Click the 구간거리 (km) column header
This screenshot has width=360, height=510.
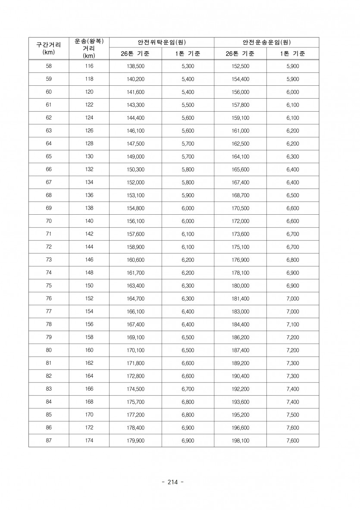coord(48,48)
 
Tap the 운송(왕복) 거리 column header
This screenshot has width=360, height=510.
coord(89,48)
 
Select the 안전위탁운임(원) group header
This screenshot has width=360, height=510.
coord(161,42)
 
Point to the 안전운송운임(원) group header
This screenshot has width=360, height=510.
coord(266,42)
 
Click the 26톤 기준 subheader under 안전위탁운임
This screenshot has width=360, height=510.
coord(135,54)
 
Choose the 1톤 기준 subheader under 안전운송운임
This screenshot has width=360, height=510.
coord(292,54)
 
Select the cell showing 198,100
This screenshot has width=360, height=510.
coord(241,441)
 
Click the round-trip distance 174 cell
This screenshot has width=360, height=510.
coord(89,441)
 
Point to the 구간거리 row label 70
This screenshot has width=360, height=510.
coord(48,221)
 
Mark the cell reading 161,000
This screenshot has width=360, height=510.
coord(241,131)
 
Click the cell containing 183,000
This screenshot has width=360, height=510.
coord(241,311)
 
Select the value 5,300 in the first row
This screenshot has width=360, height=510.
coord(188,66)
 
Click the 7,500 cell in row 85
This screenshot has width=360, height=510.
coord(292,415)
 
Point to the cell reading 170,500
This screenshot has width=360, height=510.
coord(241,208)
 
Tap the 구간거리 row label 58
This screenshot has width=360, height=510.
coord(48,66)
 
